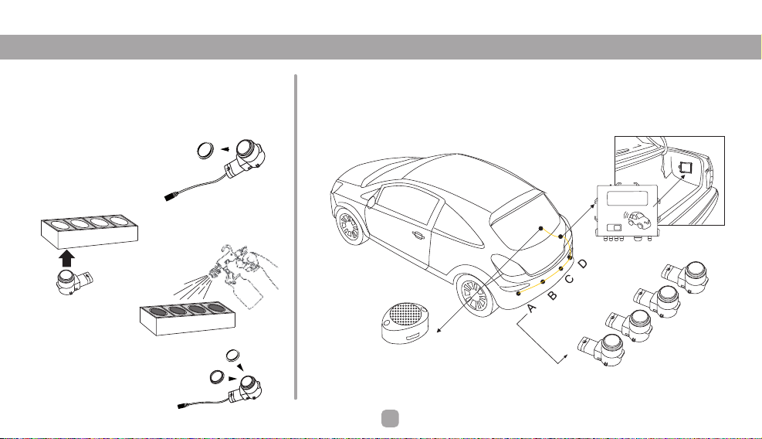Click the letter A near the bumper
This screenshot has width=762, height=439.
click(532, 308)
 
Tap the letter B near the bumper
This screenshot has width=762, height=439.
click(552, 295)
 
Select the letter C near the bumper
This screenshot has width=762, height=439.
click(569, 279)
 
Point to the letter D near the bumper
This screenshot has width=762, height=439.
click(583, 264)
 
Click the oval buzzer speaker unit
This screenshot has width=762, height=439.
click(405, 323)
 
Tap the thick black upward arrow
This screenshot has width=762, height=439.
click(67, 258)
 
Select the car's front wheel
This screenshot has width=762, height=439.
click(350, 226)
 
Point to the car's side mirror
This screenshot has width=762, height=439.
click(371, 200)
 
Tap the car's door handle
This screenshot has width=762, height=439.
click(418, 236)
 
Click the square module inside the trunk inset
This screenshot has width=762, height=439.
click(686, 168)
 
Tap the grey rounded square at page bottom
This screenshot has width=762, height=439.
click(390, 419)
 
